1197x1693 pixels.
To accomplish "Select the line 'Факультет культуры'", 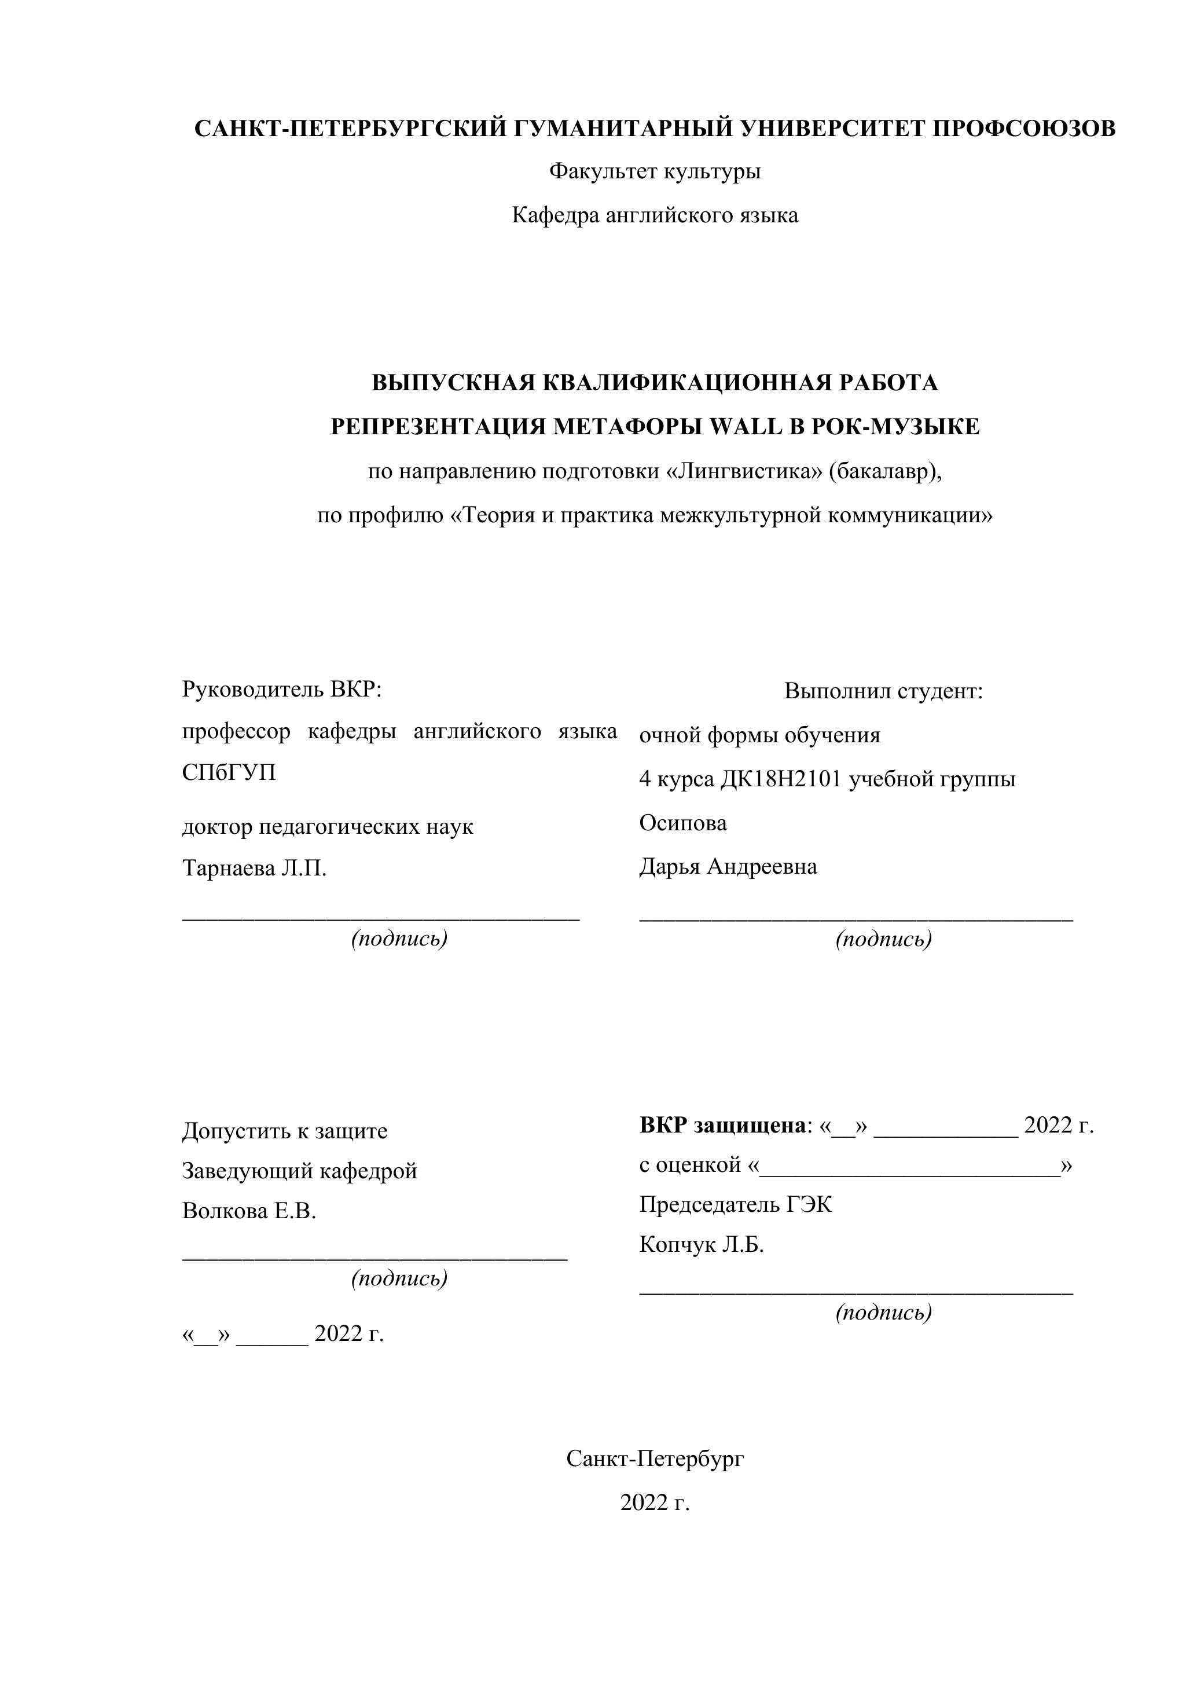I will (655, 172).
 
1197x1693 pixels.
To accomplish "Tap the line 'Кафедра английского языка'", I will (655, 215).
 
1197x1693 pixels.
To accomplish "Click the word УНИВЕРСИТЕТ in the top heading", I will (832, 129).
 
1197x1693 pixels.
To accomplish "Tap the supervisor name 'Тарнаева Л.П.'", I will (254, 869).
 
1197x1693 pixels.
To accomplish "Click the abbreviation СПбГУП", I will (229, 773).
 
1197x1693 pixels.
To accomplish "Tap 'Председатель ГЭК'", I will (735, 1205).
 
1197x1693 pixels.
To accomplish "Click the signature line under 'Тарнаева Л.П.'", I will (381, 919).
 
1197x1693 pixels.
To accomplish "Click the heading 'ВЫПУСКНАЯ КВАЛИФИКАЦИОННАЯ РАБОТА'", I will (655, 383).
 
